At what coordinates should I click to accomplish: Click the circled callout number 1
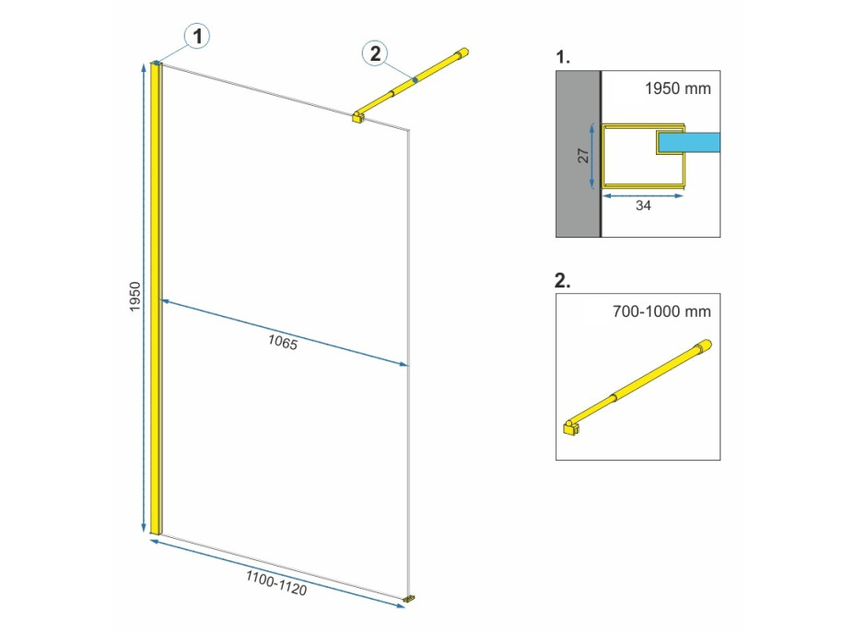197,37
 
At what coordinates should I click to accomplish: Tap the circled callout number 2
375,54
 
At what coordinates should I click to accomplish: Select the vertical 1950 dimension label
135,297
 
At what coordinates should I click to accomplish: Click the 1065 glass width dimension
283,342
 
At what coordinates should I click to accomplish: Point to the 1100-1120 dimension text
275,583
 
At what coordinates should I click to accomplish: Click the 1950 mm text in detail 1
678,88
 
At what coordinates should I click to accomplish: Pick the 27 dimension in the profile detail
583,156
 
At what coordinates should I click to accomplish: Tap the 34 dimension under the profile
643,205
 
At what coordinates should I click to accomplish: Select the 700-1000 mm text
662,311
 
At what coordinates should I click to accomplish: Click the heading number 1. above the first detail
563,57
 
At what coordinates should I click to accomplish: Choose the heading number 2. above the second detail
562,280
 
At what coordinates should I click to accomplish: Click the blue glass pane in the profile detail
689,143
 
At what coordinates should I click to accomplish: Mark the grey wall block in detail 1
578,154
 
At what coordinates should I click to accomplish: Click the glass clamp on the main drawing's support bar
358,117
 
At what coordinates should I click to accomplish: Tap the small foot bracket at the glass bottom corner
408,599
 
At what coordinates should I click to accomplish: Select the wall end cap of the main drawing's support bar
462,53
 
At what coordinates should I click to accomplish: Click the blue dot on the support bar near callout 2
415,80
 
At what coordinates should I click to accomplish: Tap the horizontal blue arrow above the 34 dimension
642,195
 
